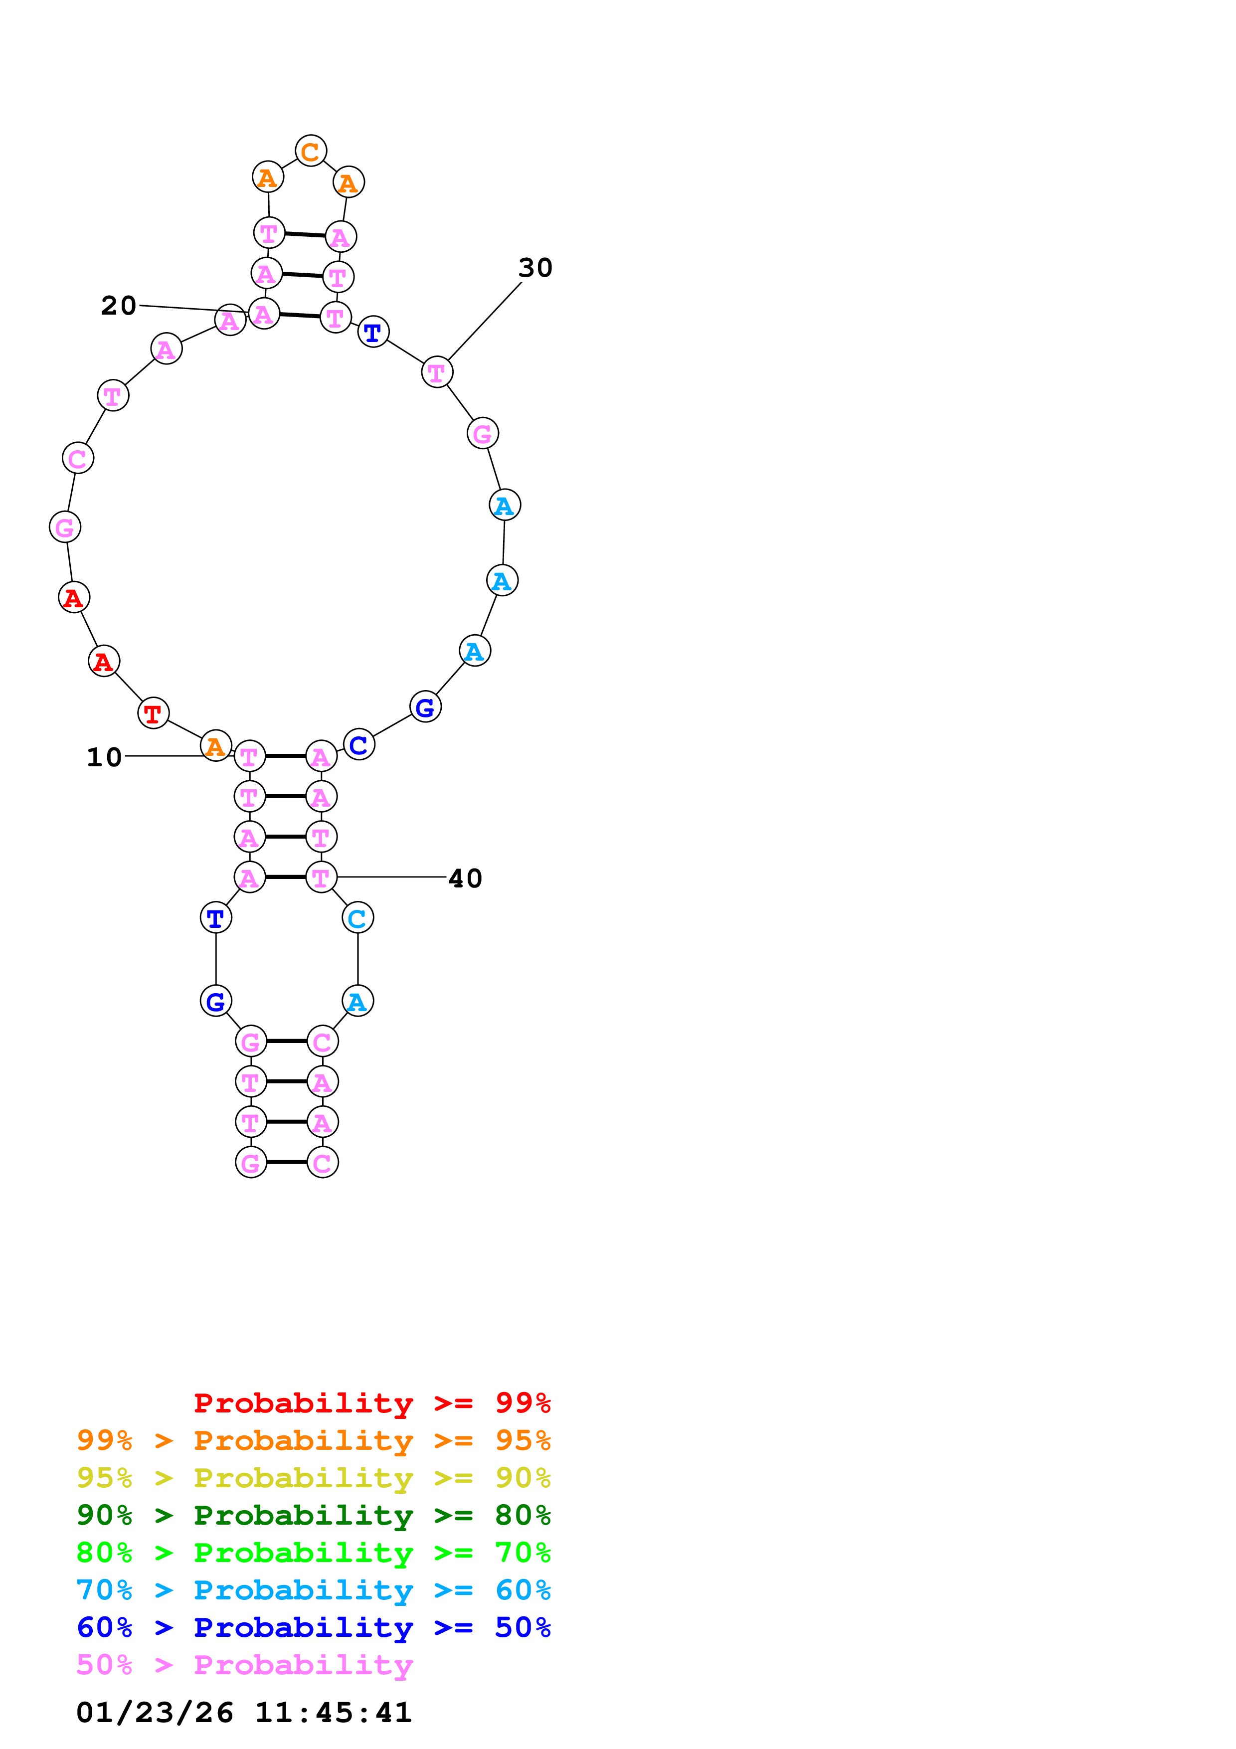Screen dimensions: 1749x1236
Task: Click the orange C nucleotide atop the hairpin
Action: (x=311, y=151)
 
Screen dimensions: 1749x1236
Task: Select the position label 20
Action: (x=118, y=306)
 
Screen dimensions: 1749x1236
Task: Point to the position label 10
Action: (x=104, y=757)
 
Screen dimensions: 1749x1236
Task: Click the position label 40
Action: (x=465, y=878)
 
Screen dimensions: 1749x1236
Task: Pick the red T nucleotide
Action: (x=153, y=713)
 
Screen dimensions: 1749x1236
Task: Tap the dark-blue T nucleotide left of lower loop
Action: (x=215, y=918)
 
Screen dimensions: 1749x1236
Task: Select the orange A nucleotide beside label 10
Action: (x=215, y=746)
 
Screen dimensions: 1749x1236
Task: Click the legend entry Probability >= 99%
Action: (x=371, y=1402)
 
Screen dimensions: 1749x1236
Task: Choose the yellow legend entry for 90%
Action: (x=313, y=1478)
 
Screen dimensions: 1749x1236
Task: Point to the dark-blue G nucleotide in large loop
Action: (x=425, y=707)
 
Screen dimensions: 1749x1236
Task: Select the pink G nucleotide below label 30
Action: (x=482, y=433)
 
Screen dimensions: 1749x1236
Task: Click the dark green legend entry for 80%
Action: (x=313, y=1515)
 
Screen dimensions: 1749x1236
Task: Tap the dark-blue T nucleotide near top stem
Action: (x=372, y=332)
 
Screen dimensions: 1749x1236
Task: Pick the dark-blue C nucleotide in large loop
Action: (x=358, y=744)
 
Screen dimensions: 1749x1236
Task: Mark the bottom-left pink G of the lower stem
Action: (x=251, y=1163)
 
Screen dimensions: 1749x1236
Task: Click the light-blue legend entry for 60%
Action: (x=313, y=1590)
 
